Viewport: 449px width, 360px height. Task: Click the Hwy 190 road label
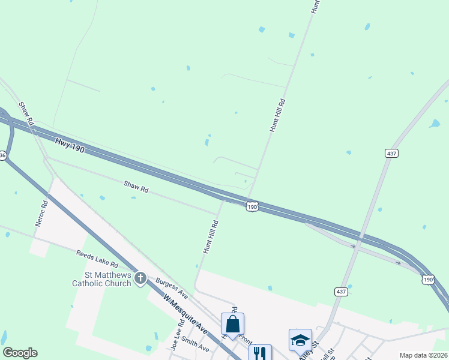70,145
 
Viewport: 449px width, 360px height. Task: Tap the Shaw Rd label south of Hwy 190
136,187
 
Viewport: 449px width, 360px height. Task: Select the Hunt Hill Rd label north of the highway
277,116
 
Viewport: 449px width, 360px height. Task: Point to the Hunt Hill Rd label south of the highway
210,236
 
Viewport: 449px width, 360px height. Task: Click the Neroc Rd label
41,214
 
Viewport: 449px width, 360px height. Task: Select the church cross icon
140,278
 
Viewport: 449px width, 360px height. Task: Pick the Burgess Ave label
172,289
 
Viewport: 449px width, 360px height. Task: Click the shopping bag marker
233,324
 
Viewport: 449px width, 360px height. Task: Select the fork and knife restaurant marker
260,353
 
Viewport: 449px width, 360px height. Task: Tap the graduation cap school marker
300,340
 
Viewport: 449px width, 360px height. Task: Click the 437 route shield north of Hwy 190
391,154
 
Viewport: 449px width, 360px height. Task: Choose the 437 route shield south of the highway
341,291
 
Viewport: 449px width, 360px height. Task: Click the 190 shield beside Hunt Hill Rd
252,206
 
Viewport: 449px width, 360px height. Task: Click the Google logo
20,353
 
